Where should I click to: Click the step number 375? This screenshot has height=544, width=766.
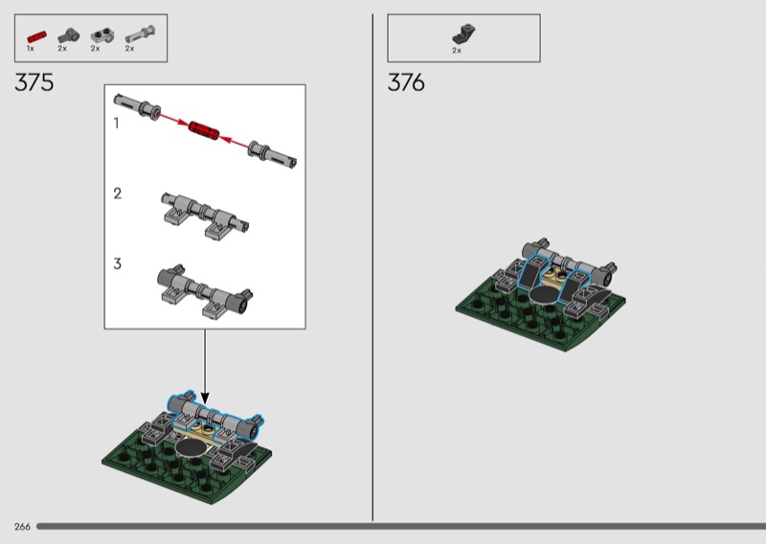click(34, 82)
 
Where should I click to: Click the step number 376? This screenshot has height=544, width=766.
click(406, 82)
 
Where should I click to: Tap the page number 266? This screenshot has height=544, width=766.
click(22, 527)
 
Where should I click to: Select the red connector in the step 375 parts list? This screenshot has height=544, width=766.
click(36, 37)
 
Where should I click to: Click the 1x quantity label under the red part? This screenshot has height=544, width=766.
click(31, 49)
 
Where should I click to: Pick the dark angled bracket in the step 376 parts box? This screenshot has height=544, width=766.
click(463, 34)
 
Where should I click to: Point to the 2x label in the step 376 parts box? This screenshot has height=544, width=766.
click(457, 51)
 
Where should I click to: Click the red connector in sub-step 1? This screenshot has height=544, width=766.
click(204, 129)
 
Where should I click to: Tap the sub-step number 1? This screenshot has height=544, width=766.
click(116, 124)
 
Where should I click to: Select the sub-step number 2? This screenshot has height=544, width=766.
click(117, 193)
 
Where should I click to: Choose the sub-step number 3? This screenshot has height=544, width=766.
click(117, 264)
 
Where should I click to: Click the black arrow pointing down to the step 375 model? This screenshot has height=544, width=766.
click(205, 367)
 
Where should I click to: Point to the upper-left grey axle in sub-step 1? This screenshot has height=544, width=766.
click(137, 106)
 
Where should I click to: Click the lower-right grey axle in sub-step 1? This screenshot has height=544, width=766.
click(272, 154)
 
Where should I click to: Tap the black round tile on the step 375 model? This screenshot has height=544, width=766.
click(191, 447)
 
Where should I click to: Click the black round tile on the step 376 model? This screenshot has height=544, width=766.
click(546, 295)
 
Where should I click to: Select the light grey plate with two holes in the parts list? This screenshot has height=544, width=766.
click(102, 35)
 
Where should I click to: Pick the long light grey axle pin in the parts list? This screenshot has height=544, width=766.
click(141, 34)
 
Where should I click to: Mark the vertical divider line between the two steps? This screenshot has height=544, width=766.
click(372, 267)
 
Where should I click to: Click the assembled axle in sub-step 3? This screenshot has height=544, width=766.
click(205, 291)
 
